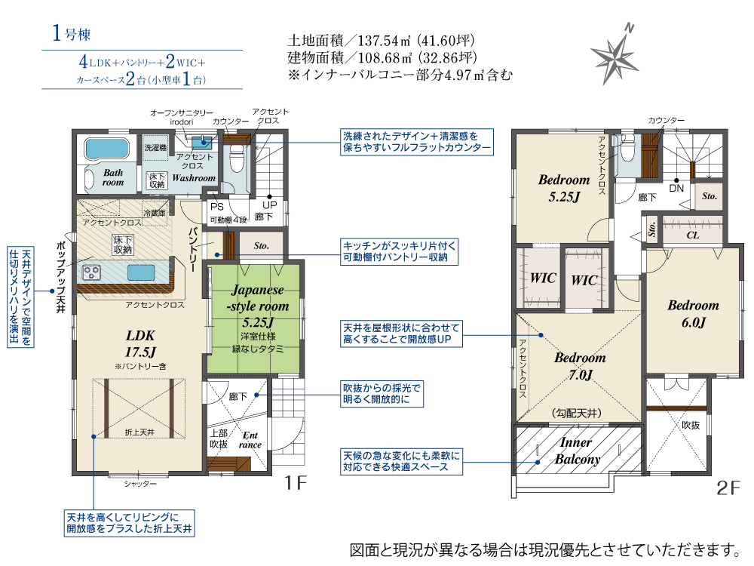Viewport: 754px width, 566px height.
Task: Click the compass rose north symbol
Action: pos(615,54)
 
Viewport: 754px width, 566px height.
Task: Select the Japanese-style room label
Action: pos(258,306)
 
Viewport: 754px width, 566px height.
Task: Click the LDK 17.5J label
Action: pos(140,343)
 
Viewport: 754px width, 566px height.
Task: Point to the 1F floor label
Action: pos(296,482)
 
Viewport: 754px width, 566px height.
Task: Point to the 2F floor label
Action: pos(728,488)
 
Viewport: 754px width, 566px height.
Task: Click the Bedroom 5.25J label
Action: pos(564,188)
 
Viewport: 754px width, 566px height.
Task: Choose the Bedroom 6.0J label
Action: pos(694,313)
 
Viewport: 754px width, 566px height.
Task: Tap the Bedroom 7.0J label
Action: pos(580,366)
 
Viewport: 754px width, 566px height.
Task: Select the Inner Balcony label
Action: pos(577,451)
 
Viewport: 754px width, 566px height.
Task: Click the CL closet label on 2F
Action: pos(692,235)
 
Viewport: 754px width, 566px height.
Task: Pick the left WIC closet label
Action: pos(543,278)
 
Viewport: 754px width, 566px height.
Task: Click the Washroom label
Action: pos(194,178)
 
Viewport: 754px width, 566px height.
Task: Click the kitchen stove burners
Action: pos(91,272)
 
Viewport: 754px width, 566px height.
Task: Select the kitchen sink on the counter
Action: pos(141,272)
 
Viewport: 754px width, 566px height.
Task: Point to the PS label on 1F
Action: pos(217,207)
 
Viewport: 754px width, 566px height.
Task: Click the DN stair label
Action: pos(676,188)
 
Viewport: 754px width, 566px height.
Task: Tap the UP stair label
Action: pos(269,205)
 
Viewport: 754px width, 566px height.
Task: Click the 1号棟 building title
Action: pos(71,33)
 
